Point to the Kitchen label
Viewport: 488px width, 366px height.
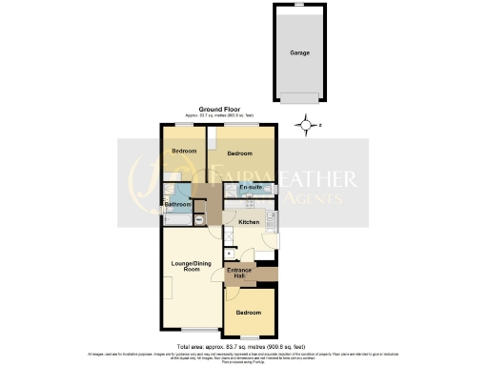coord(249,223)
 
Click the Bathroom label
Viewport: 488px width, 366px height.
coord(178,203)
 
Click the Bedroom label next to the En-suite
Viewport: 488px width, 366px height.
coord(239,152)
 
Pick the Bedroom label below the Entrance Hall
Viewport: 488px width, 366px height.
coord(249,312)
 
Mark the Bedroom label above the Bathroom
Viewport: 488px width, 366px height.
coord(183,152)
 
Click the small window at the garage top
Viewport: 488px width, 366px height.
coord(301,7)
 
